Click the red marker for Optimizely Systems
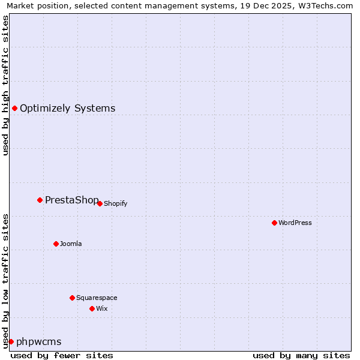[x=14, y=108]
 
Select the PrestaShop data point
[x=40, y=200]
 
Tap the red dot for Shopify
[x=100, y=203]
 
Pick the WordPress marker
[x=274, y=223]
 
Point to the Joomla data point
[x=56, y=244]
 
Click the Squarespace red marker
[x=72, y=298]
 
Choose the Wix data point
[x=92, y=308]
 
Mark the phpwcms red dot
[x=11, y=341]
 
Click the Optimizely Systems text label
[x=67, y=109]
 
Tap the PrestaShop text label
[x=71, y=200]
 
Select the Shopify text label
[x=115, y=204]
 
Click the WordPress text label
[x=295, y=223]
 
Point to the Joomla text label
[x=71, y=244]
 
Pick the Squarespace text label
[x=97, y=298]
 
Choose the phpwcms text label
[x=38, y=342]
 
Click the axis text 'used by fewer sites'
[x=62, y=355]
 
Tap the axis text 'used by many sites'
[x=301, y=355]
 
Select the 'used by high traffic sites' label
[x=6, y=85]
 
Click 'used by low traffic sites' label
[x=6, y=281]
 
